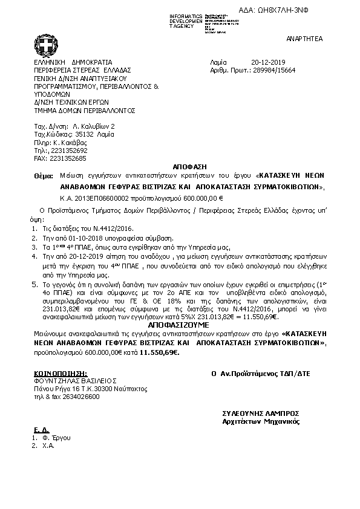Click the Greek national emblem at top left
pos(47,45)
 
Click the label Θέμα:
pos(44,174)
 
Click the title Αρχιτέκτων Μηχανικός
pos(261,421)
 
